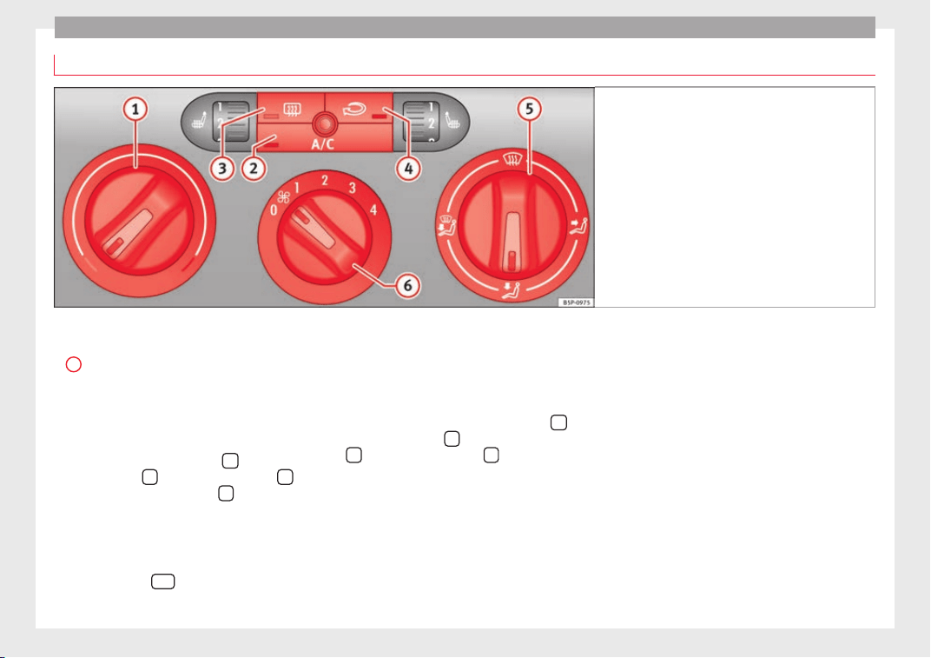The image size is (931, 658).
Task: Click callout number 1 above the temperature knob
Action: click(x=135, y=110)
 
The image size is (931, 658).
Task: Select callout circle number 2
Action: click(x=254, y=169)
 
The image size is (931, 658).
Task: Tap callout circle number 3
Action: click(x=222, y=169)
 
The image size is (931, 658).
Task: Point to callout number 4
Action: click(x=408, y=169)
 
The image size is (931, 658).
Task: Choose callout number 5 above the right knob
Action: click(x=529, y=110)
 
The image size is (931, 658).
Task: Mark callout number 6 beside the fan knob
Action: click(x=408, y=286)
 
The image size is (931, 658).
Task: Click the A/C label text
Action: click(x=323, y=144)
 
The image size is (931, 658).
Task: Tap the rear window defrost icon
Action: click(x=292, y=110)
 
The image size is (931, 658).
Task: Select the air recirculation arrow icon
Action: click(x=353, y=110)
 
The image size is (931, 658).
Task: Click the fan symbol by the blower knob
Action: click(x=284, y=196)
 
